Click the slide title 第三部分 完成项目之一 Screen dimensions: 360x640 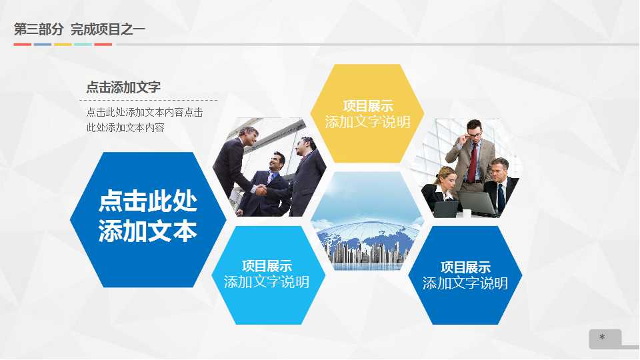pos(79,29)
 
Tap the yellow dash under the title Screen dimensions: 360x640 pos(63,45)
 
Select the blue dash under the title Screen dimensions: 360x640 pos(43,45)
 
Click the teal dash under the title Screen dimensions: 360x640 pos(83,45)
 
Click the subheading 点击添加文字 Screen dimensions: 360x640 pos(123,87)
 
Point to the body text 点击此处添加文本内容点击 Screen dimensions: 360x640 pos(145,113)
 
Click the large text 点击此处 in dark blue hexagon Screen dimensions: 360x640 pos(148,201)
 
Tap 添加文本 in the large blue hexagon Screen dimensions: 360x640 pos(148,231)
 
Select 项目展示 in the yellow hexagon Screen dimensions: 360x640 pos(367,106)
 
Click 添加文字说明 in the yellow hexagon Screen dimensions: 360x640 pos(367,122)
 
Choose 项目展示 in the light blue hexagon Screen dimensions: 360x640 pos(267,266)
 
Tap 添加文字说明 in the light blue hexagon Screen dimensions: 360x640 pos(267,282)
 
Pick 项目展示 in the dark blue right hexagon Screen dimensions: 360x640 pos(465,267)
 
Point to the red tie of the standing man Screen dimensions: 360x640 pos(473,159)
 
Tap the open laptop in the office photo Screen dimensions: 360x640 pos(477,202)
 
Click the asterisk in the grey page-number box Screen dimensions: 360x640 pos(602,338)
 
